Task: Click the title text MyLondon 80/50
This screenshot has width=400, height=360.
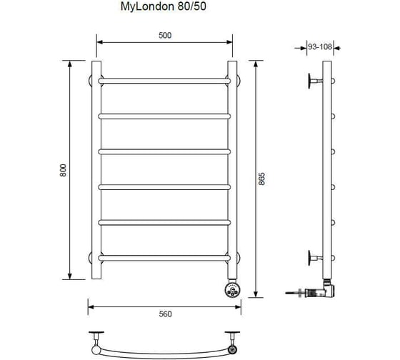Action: pyautogui.click(x=164, y=6)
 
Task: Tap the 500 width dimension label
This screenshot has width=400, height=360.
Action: pyautogui.click(x=165, y=35)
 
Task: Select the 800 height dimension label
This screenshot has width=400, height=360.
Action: pyautogui.click(x=63, y=170)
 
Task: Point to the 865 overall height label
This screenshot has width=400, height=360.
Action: pyautogui.click(x=261, y=179)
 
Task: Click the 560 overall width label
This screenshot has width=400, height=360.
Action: pyautogui.click(x=165, y=314)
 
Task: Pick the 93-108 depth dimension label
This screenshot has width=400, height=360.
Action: pyautogui.click(x=320, y=46)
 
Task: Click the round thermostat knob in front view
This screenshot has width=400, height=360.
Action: pyautogui.click(x=233, y=289)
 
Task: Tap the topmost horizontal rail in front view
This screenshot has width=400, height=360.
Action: pyautogui.click(x=164, y=81)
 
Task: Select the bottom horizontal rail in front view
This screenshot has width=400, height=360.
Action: pyautogui.click(x=164, y=258)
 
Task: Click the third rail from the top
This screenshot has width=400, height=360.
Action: pyautogui.click(x=164, y=152)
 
